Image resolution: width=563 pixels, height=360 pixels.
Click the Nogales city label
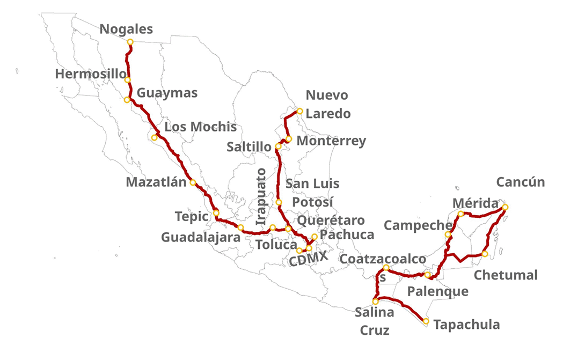(127, 29)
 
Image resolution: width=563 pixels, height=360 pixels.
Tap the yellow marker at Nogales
(130, 42)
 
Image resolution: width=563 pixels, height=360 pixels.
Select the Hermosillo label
(91, 74)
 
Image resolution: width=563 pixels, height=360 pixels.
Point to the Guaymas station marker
(127, 100)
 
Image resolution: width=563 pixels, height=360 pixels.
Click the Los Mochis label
(200, 127)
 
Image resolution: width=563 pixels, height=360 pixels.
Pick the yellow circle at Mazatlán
(193, 182)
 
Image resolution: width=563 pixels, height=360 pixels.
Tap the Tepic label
(191, 217)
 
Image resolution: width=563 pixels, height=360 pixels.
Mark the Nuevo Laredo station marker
(300, 112)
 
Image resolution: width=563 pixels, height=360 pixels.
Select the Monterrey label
(331, 141)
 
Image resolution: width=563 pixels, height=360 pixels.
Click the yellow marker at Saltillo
(278, 146)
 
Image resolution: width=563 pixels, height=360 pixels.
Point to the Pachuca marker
(315, 237)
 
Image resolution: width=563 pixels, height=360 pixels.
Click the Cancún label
(520, 182)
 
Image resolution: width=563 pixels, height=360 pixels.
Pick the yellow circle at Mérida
(461, 214)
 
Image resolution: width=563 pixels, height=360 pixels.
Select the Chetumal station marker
(485, 254)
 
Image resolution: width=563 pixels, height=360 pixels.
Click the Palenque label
(437, 291)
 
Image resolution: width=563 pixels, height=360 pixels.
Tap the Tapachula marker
(426, 321)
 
